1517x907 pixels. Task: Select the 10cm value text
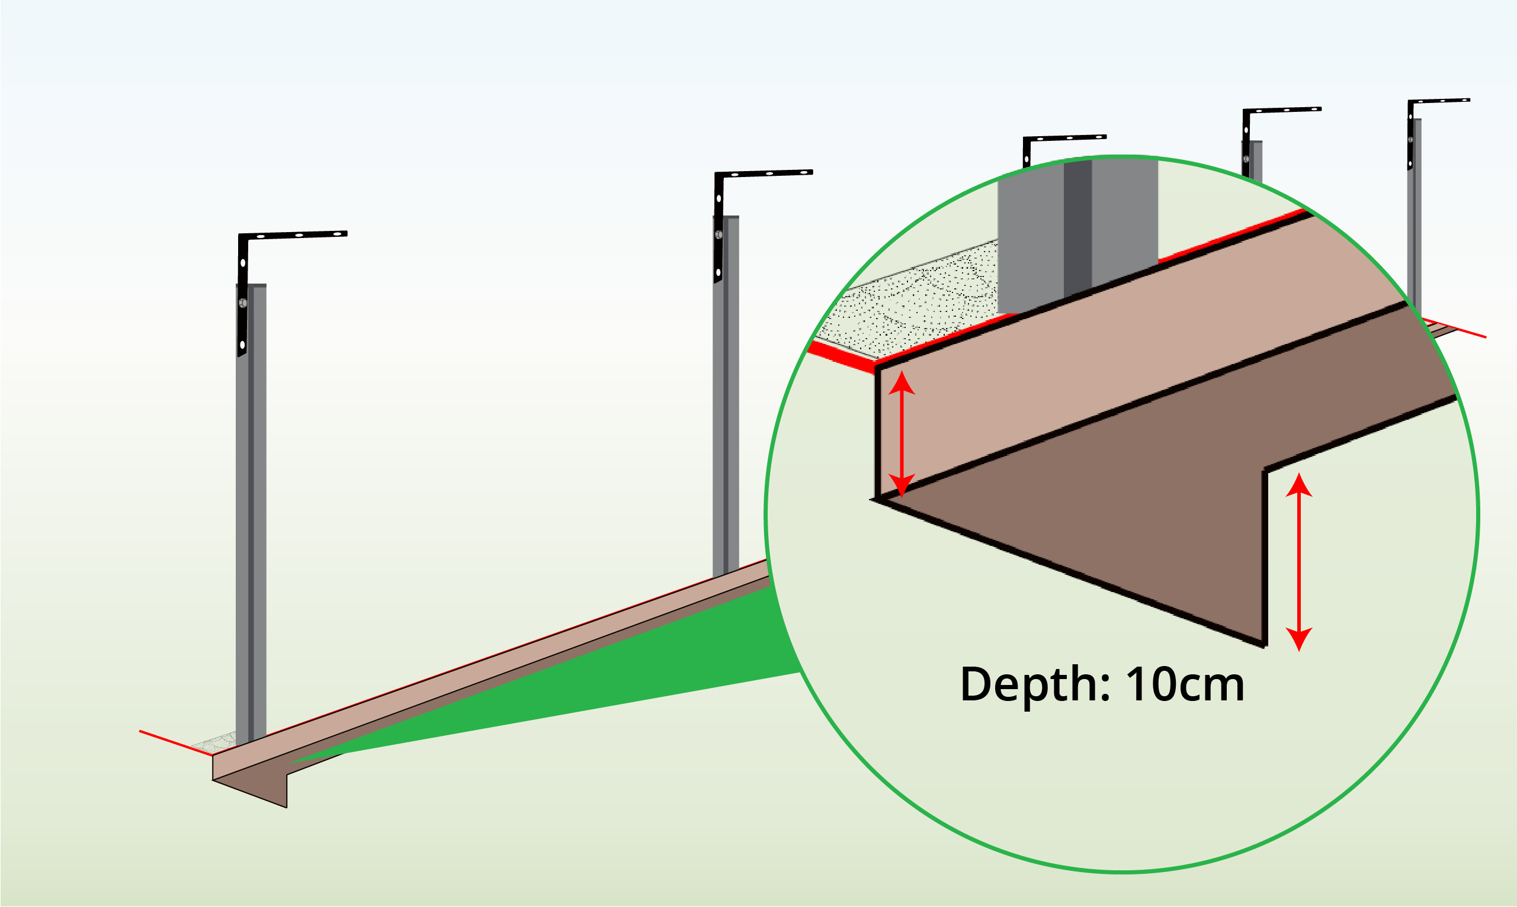point(1185,685)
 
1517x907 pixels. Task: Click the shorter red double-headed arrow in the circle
point(902,434)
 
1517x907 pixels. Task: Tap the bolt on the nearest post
point(243,303)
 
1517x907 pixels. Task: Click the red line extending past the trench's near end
point(171,741)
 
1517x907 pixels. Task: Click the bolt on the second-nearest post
point(719,234)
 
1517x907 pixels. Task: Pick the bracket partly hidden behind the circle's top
point(1064,139)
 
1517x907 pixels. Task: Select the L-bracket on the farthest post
point(1437,101)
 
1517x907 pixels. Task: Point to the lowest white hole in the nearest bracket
point(242,345)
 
